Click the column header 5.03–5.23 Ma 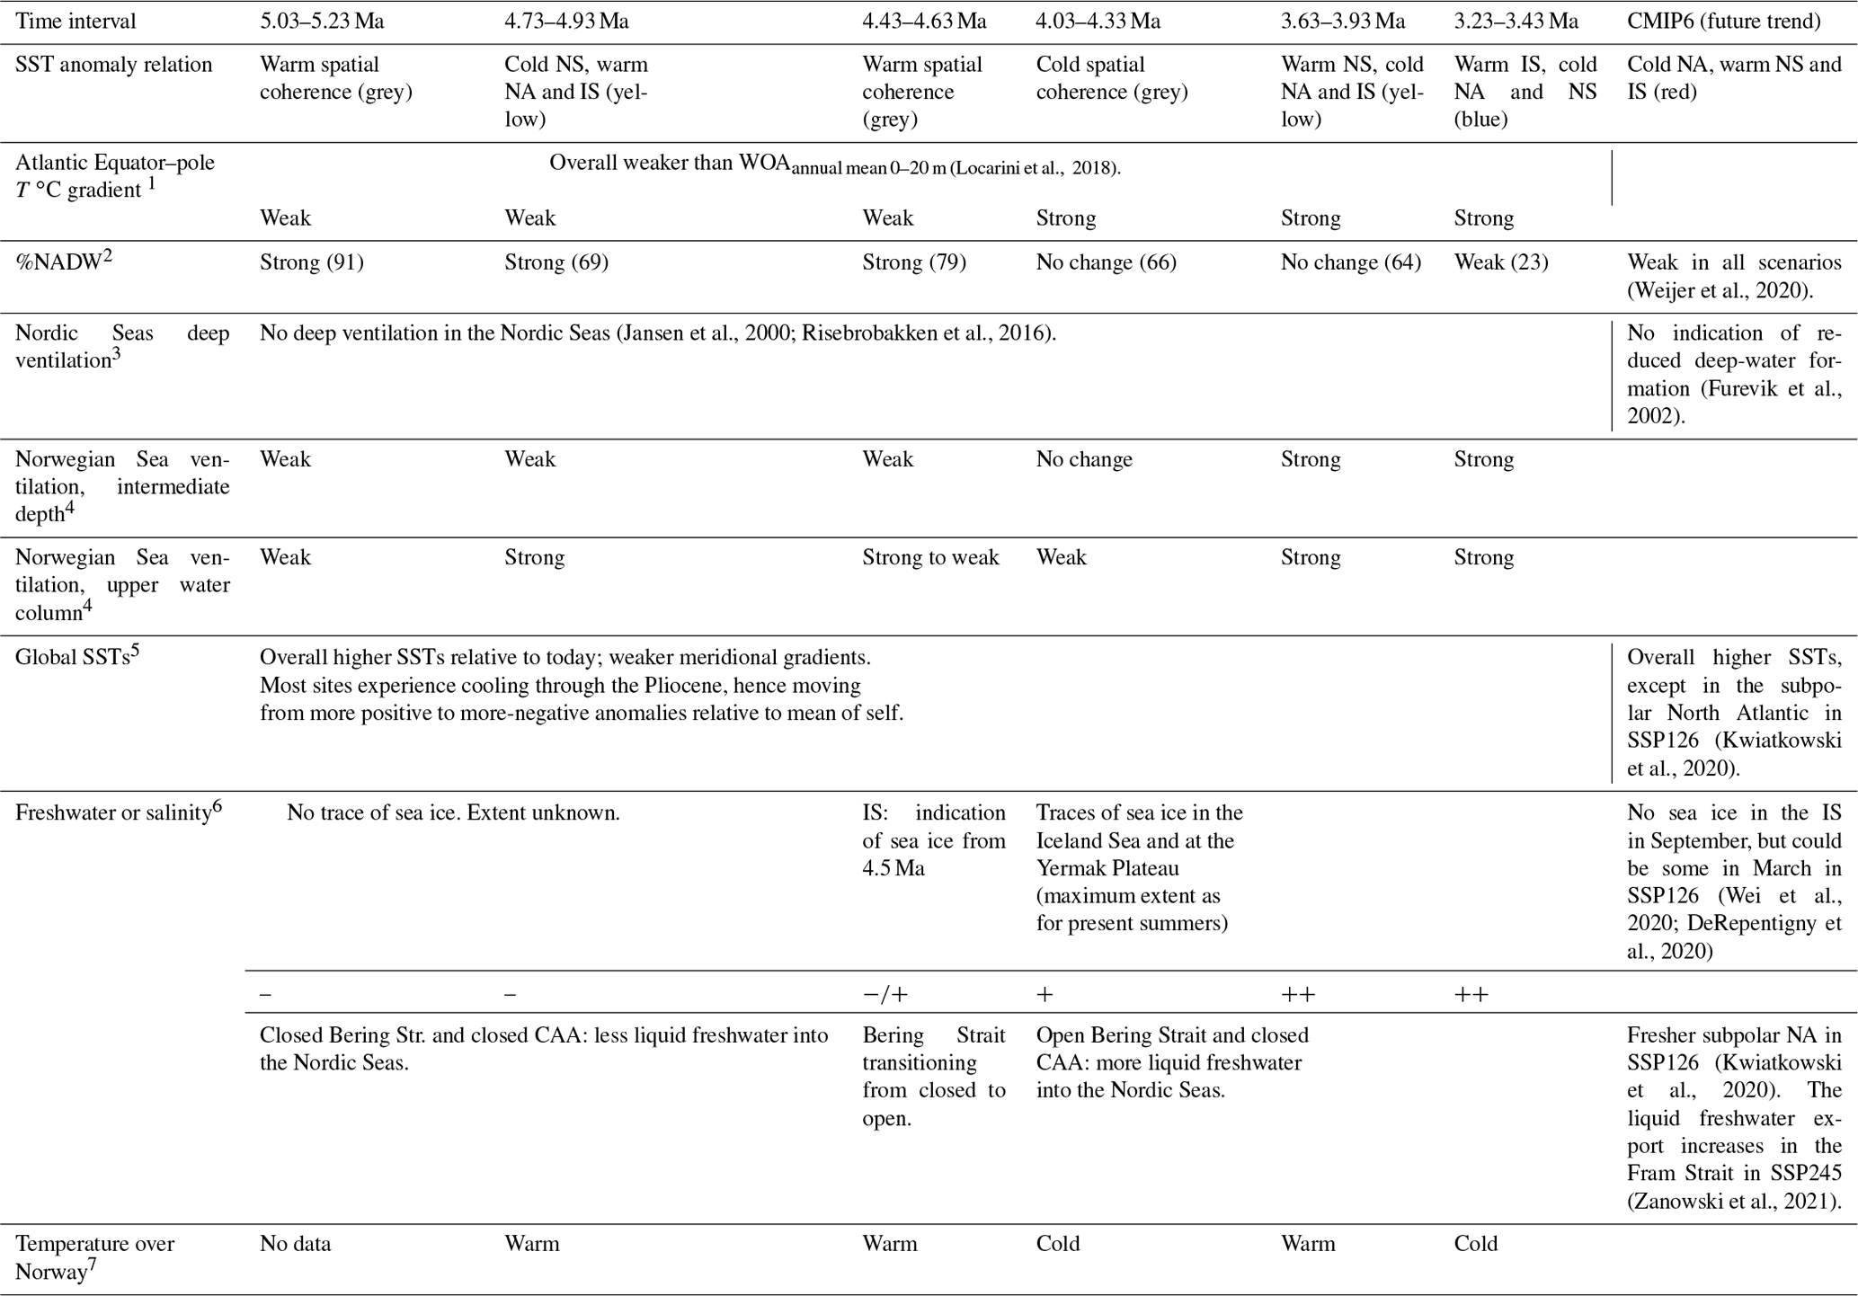(322, 21)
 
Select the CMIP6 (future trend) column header (1723, 21)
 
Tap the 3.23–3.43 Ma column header (1516, 21)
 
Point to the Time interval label (76, 21)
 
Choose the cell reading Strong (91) (311, 262)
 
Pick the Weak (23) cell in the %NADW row (1500, 262)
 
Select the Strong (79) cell (913, 262)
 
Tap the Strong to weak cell (930, 557)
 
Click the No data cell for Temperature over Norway (295, 1244)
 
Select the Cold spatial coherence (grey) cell (1112, 78)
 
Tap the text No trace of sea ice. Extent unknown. (453, 813)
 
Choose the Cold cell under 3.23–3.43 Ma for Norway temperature (1476, 1244)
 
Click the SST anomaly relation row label (113, 65)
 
